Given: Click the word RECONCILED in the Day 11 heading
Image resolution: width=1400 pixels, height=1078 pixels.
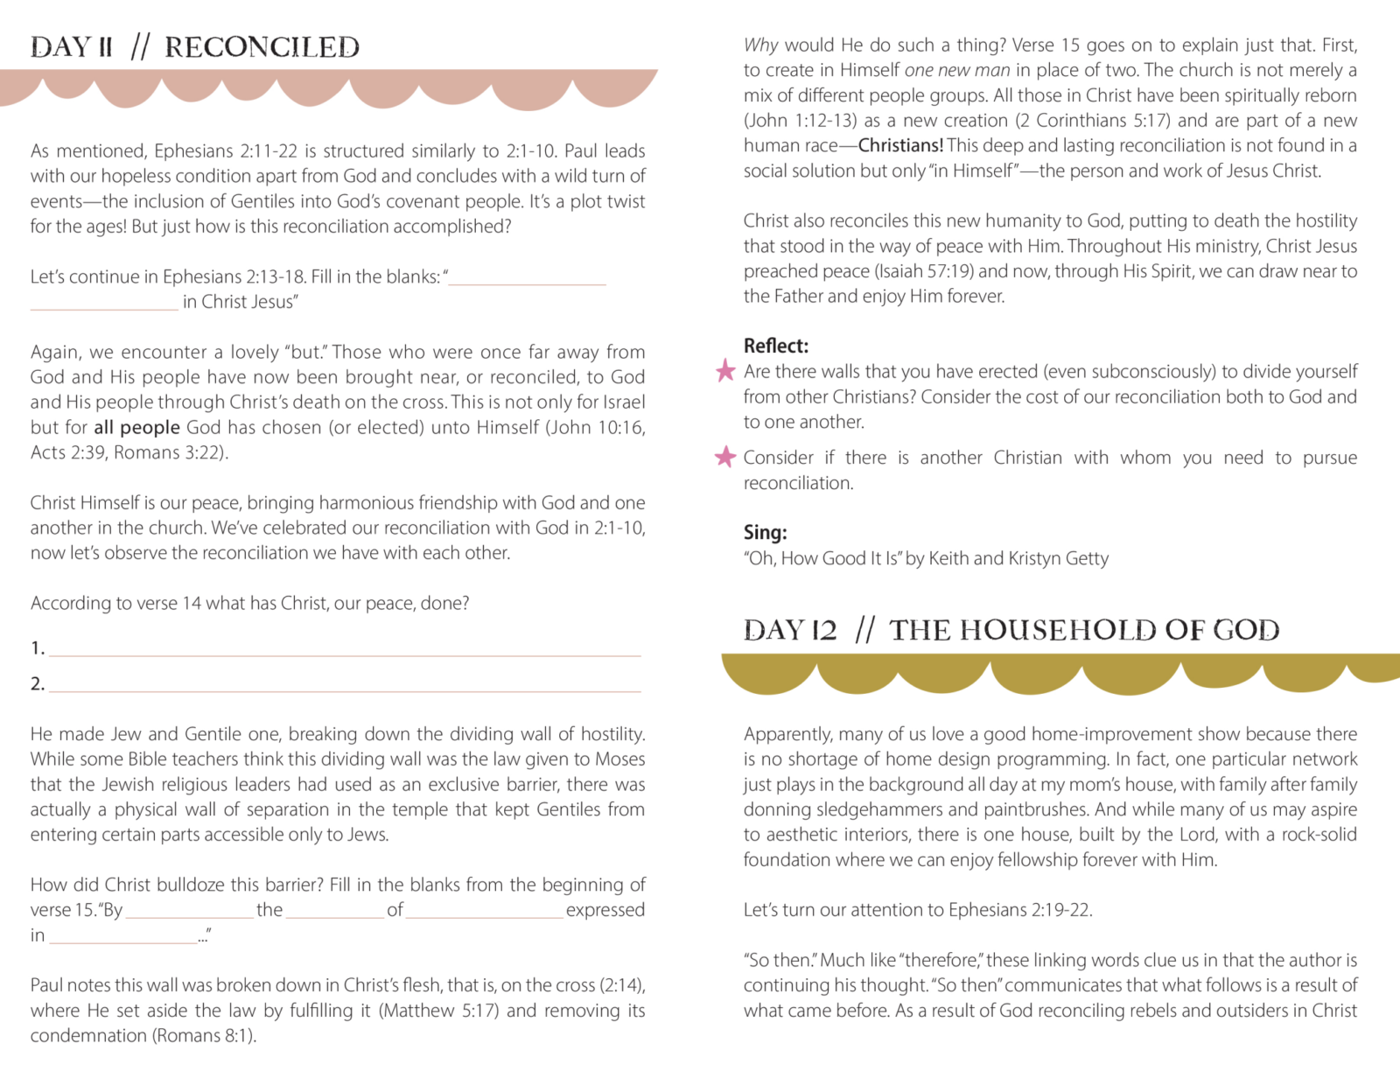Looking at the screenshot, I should coord(262,47).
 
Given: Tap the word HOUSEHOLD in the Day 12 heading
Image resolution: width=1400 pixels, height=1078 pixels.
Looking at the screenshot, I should coord(1046,630).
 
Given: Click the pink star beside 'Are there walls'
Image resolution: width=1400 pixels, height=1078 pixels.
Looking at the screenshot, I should coord(725,371).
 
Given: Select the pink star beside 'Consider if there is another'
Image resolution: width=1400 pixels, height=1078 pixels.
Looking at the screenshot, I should coord(725,457).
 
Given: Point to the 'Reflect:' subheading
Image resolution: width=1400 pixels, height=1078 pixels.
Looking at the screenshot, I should coord(776,346).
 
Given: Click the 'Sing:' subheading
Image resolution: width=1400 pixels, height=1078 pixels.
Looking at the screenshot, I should coord(766,532).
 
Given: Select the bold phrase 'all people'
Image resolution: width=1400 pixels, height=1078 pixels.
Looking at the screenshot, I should coord(137,427).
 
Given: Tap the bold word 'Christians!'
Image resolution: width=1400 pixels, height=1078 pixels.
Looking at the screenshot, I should coord(900,145).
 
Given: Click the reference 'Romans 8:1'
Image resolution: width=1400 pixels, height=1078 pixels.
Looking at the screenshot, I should coord(205,1036).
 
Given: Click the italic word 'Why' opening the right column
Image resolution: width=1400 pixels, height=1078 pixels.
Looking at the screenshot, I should coord(760,45).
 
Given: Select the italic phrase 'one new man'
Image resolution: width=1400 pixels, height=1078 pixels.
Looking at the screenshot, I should coord(957,70).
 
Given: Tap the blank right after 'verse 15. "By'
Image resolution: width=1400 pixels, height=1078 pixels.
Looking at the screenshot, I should coord(188,913).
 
